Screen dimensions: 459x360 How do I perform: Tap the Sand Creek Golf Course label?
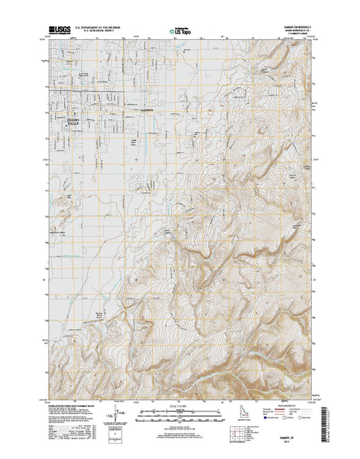[59, 216]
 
